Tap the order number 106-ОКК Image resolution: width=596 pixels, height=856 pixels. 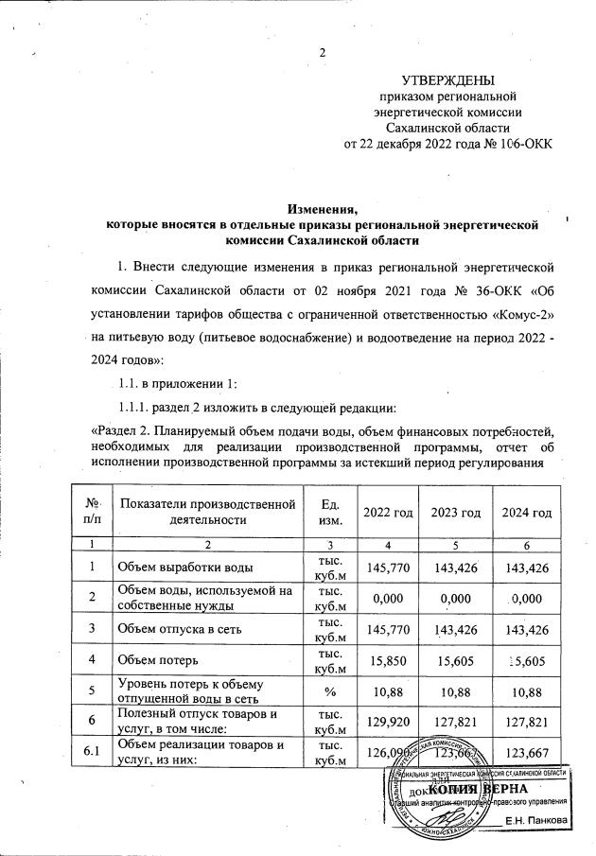tap(519, 144)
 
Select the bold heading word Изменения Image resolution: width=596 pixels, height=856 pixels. tap(323, 208)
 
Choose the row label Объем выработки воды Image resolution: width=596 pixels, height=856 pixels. tap(184, 568)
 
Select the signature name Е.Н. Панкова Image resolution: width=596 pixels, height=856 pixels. tap(536, 819)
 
